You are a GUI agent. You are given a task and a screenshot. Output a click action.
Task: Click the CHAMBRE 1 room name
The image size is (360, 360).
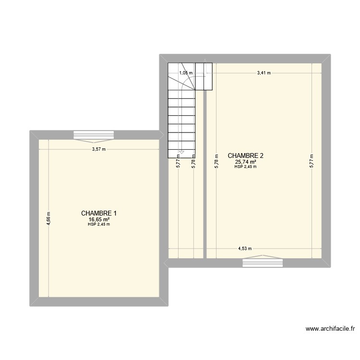click(x=99, y=213)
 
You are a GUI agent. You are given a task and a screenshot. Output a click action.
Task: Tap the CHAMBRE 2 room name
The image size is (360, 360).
click(x=245, y=156)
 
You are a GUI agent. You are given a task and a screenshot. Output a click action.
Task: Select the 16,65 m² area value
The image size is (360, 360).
click(x=99, y=219)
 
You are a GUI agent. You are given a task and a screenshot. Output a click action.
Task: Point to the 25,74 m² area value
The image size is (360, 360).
click(x=245, y=162)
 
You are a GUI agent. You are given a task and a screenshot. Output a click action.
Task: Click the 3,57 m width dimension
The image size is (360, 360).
click(x=99, y=149)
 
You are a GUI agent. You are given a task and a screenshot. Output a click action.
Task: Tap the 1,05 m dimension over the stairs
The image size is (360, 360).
click(x=186, y=73)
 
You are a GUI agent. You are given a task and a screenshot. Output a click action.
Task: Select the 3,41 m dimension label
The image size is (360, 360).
click(x=264, y=73)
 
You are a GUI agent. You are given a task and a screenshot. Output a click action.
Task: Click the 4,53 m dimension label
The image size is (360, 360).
click(x=245, y=248)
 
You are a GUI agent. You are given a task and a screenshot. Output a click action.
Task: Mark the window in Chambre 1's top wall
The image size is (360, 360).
click(x=94, y=135)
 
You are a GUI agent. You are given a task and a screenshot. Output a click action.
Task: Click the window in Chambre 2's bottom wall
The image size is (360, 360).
click(x=263, y=262)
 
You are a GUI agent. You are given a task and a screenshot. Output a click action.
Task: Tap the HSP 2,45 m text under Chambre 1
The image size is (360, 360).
click(x=99, y=224)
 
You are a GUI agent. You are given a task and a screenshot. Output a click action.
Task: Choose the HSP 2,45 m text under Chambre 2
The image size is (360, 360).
click(x=245, y=167)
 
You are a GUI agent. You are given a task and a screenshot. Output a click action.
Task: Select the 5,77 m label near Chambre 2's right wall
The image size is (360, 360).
click(x=311, y=160)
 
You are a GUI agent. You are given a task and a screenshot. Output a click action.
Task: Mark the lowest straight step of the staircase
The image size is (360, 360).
click(x=181, y=153)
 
